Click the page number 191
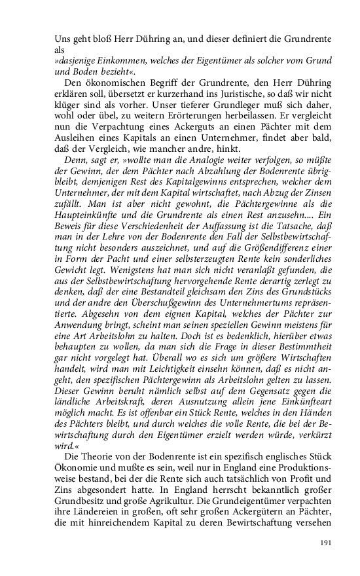coord(327,543)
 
